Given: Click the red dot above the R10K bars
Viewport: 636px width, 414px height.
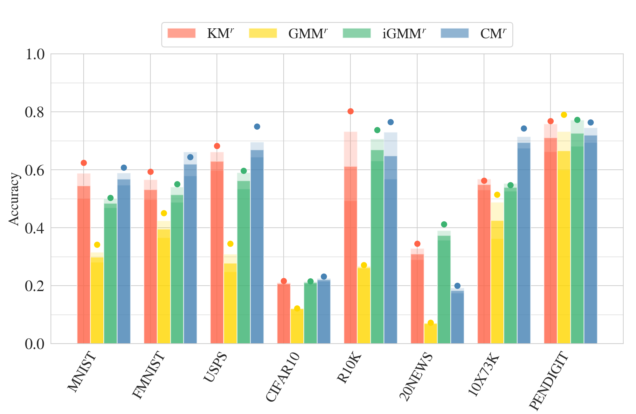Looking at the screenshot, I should point(350,111).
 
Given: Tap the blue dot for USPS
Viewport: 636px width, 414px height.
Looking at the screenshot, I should point(257,126).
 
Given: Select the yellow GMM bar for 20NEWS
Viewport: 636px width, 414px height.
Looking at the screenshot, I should point(431,333).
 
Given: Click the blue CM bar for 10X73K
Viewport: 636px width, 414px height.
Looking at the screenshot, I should point(524,245).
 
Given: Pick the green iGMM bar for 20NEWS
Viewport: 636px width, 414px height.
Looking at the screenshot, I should point(444,290).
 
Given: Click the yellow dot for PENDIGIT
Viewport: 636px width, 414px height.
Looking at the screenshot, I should point(564,115).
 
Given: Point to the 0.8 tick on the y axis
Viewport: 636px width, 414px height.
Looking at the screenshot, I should point(35,112).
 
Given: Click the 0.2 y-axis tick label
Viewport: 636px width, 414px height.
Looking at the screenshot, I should point(35,286).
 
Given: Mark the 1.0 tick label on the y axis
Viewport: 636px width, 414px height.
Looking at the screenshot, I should point(35,54).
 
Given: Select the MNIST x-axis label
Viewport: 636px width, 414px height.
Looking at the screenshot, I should point(82,372).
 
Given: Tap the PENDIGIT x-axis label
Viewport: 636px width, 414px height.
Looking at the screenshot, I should point(549,381).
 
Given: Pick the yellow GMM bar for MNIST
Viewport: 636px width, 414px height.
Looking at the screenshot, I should point(97,299).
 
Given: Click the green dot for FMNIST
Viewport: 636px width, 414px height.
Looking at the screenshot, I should point(177,184).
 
